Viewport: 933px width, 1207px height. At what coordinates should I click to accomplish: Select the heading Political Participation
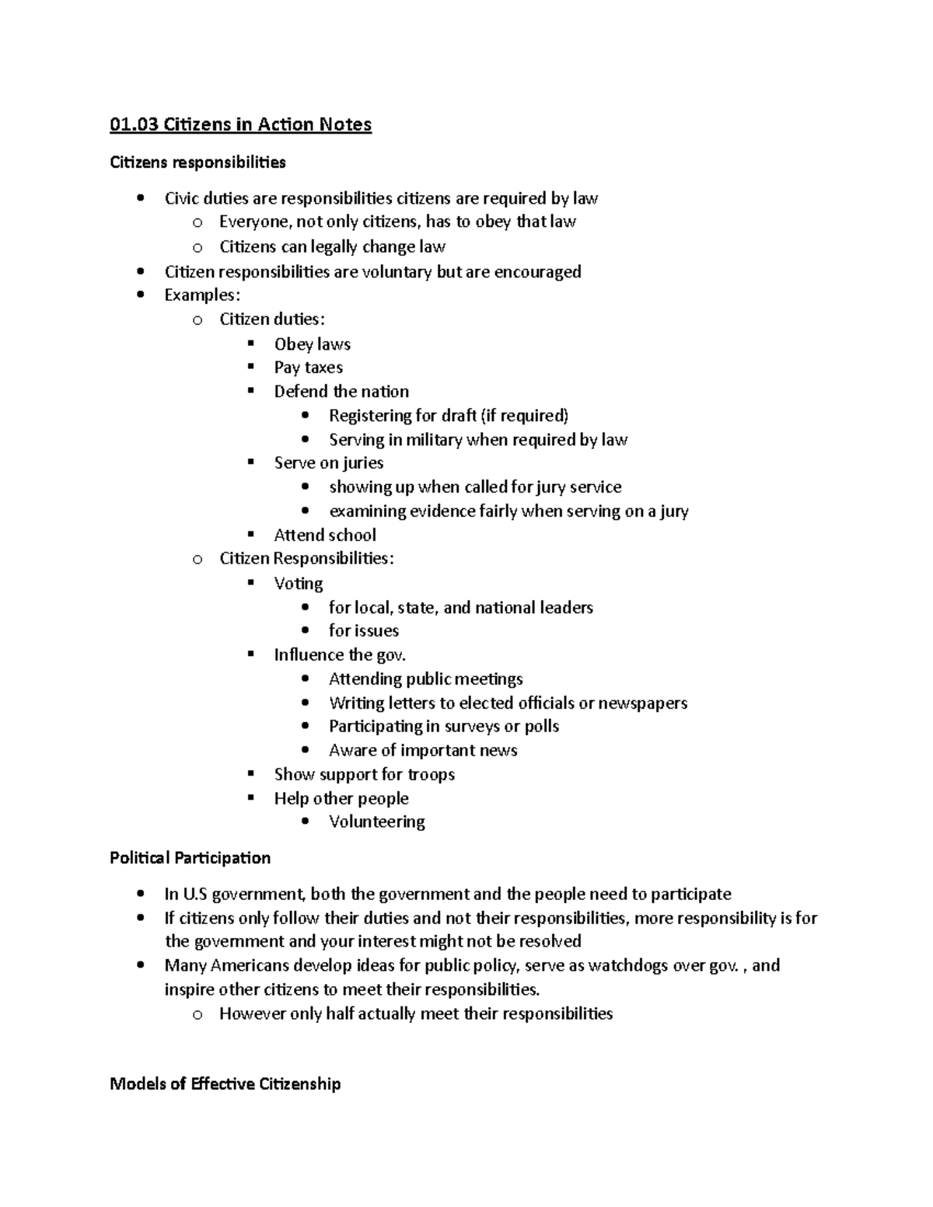click(x=190, y=858)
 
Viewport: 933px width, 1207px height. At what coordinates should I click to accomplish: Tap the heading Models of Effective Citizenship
click(x=225, y=1083)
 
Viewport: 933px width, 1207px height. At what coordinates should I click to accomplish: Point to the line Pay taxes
click(x=308, y=368)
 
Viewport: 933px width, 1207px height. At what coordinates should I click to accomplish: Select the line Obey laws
click(x=312, y=344)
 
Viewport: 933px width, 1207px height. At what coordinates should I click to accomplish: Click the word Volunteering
click(x=376, y=822)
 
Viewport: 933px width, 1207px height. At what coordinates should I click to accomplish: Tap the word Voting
click(x=299, y=584)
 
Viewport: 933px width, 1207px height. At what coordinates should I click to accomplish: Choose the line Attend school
click(x=325, y=535)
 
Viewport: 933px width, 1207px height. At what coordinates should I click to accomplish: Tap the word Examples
click(x=200, y=295)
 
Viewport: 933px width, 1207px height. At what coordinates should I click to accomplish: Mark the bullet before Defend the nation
click(x=251, y=391)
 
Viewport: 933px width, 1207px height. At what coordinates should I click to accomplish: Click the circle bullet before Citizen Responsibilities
click(x=197, y=559)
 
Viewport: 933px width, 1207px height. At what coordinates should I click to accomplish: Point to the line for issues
click(x=363, y=631)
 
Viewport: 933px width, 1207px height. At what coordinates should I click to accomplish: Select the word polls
click(x=542, y=727)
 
